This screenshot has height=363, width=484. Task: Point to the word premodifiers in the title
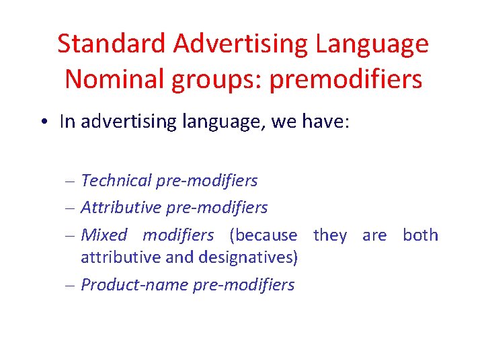tap(346, 79)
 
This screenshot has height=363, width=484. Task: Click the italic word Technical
tap(116, 181)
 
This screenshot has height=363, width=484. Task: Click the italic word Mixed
tap(104, 235)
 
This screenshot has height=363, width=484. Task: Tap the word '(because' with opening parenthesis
tap(263, 235)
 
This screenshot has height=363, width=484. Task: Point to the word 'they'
tap(330, 235)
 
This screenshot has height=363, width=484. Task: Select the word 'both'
tap(420, 235)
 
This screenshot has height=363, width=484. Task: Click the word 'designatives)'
tap(252, 257)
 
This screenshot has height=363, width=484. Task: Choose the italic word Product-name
tap(134, 285)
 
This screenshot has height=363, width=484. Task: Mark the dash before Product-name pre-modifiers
tap(72, 286)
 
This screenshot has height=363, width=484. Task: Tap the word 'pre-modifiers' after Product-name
tap(244, 285)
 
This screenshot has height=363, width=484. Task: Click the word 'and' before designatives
tap(190, 257)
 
